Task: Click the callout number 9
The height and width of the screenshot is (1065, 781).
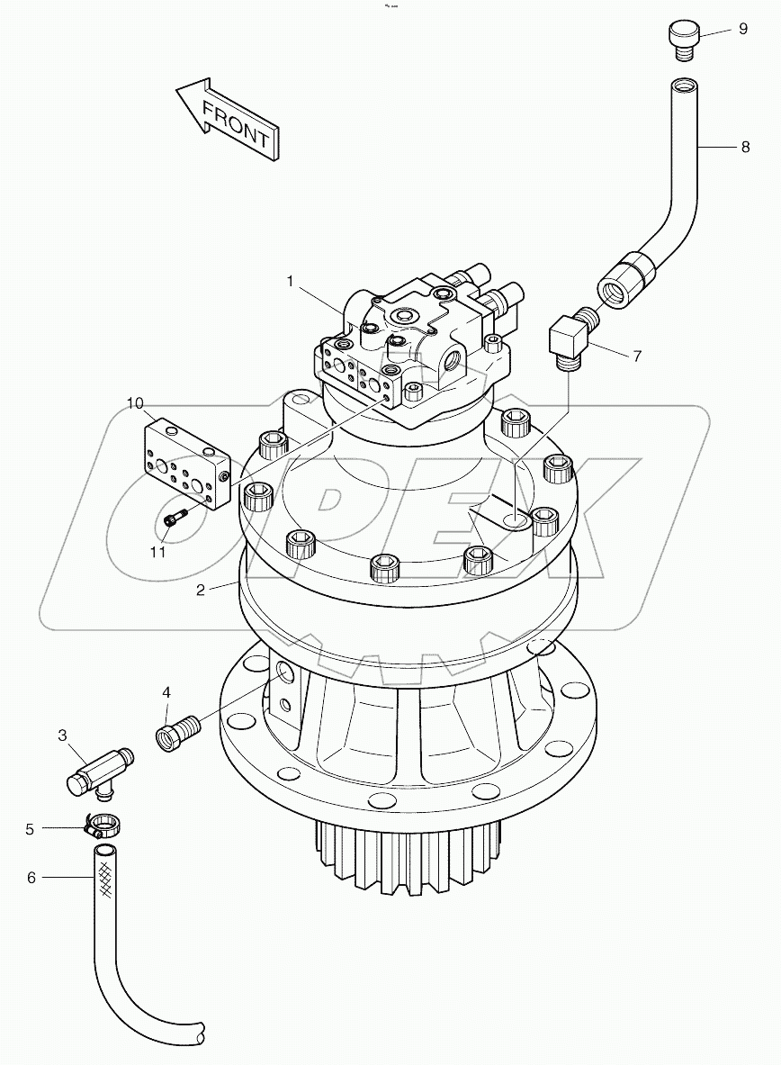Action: click(743, 29)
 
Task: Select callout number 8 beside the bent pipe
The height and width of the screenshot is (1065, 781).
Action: click(745, 147)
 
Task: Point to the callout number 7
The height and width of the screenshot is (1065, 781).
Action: click(637, 356)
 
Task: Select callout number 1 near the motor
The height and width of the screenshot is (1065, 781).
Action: click(291, 282)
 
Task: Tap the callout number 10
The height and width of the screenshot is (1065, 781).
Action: click(135, 403)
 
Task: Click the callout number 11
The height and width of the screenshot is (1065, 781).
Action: click(158, 553)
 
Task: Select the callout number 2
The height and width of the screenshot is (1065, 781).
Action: click(202, 589)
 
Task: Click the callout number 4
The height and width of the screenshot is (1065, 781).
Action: click(166, 692)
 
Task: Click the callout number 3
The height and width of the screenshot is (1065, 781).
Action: click(62, 736)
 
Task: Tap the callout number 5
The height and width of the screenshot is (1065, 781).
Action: click(30, 828)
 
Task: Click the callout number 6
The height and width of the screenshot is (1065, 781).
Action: click(31, 877)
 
